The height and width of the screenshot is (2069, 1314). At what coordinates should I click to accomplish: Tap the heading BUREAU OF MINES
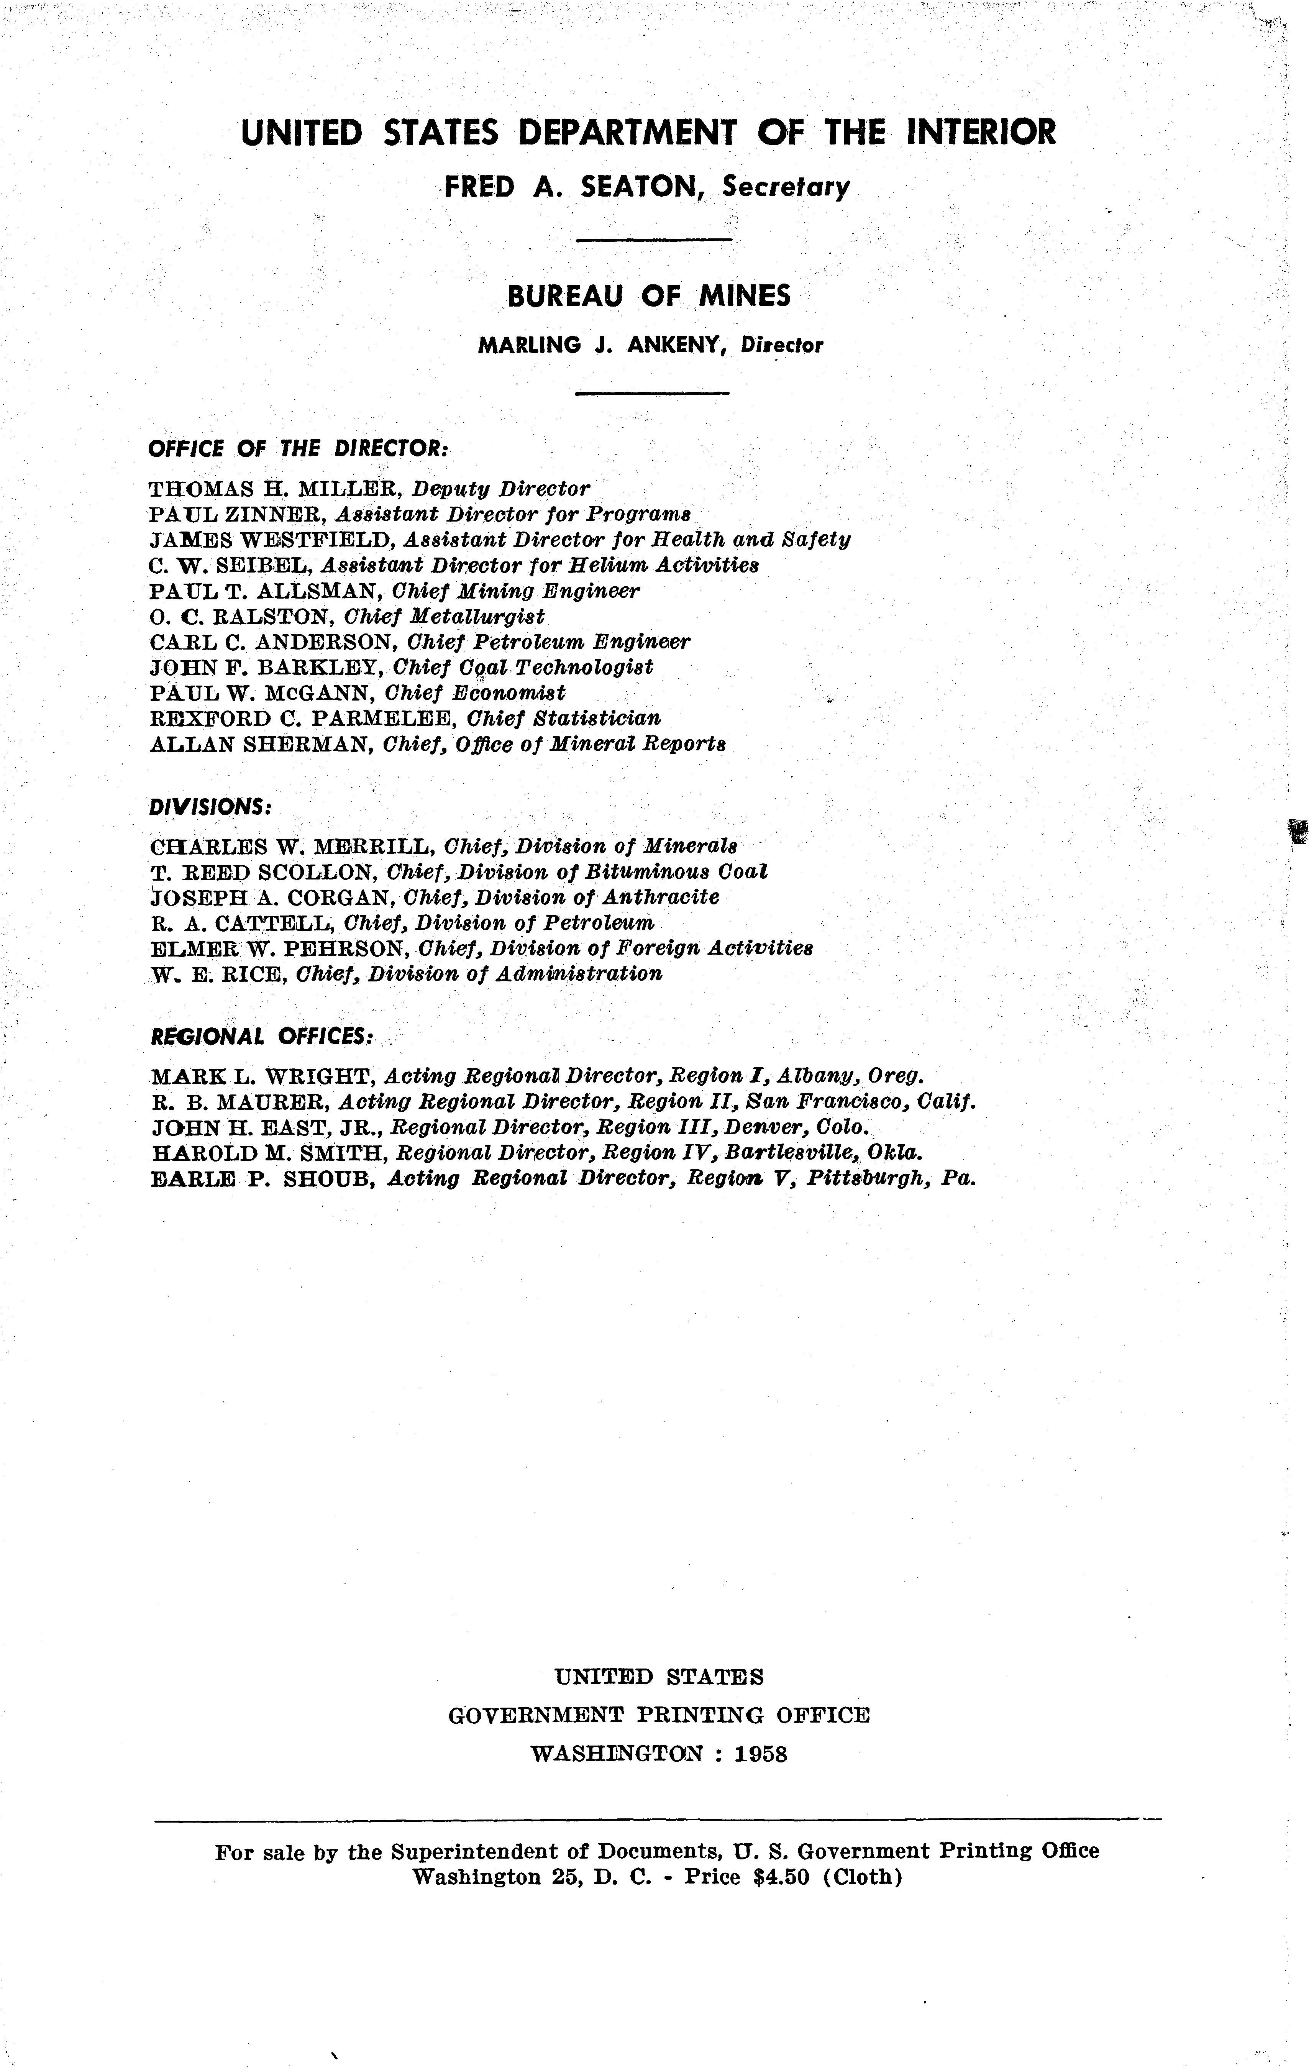649,297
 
